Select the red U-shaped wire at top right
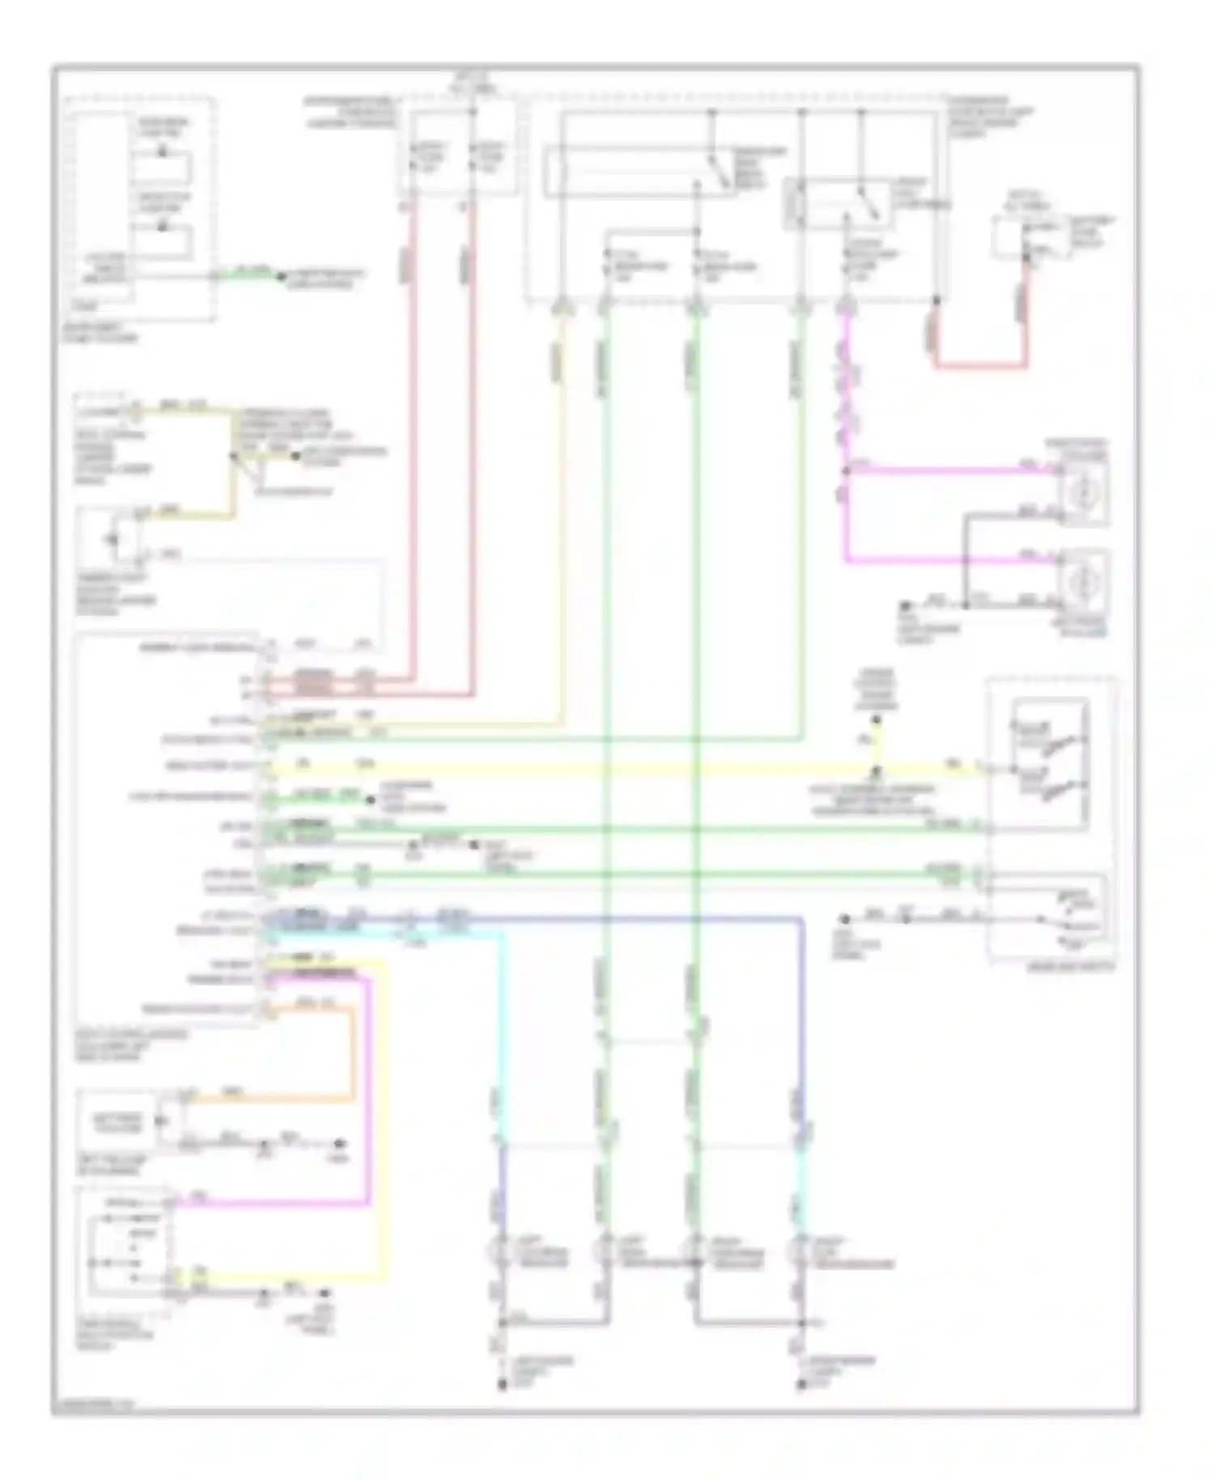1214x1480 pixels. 981,366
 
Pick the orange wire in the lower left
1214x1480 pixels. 353,1053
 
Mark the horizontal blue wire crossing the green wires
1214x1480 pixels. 647,919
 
